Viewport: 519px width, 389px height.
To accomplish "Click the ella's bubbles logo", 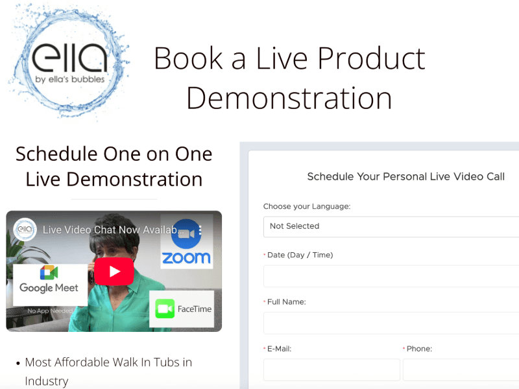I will point(68,62).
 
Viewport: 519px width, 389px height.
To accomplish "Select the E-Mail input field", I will point(332,370).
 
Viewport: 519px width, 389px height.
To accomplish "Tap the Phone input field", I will point(461,370).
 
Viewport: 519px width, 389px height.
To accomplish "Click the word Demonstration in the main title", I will point(289,98).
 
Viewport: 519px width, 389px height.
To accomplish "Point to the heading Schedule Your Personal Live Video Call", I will point(405,176).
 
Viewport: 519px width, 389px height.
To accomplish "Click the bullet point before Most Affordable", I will point(17,362).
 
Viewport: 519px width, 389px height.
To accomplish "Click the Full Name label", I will point(286,301).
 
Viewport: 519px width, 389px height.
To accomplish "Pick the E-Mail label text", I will point(279,349).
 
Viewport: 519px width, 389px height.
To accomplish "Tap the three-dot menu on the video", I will point(200,230).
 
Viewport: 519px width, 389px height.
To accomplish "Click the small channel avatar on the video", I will point(25,230).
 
